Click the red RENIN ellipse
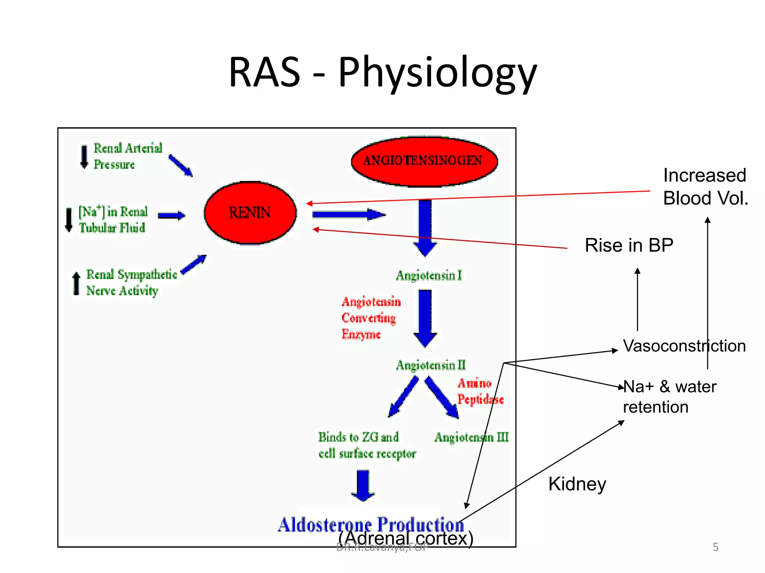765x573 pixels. (250, 213)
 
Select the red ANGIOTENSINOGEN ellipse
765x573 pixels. (424, 161)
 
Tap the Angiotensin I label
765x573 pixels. (429, 276)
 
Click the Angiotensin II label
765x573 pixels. (431, 365)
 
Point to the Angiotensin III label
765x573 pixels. (471, 437)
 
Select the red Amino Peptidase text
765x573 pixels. (480, 391)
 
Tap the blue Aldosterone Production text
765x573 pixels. (371, 525)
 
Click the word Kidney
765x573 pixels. (577, 484)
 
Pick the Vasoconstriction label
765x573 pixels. (684, 346)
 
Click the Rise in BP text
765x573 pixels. (629, 245)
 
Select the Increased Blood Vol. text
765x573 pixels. (705, 187)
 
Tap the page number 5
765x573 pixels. (715, 547)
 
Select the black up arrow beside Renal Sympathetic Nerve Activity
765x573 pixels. (76, 284)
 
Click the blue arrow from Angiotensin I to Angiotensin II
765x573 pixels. (425, 318)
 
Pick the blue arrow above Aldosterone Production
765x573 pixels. (363, 485)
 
